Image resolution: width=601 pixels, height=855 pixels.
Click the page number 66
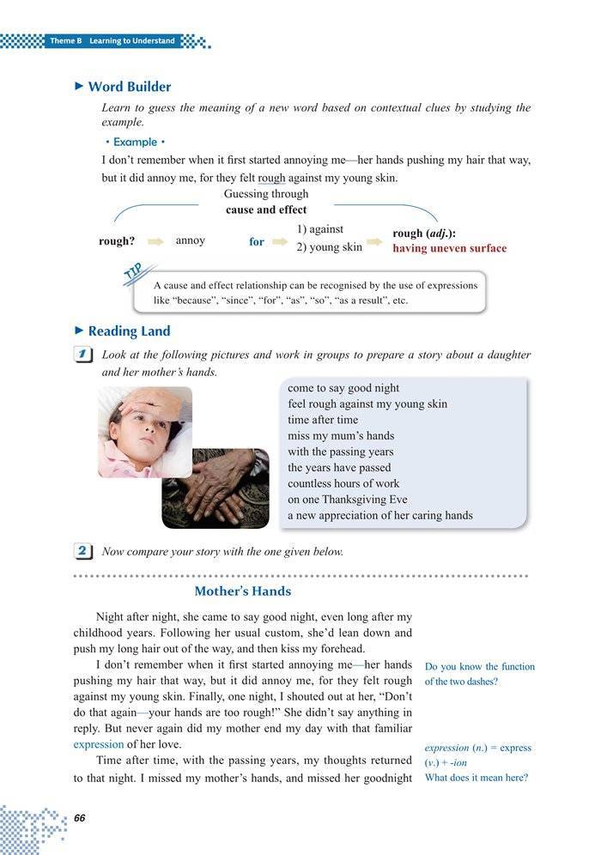click(80, 816)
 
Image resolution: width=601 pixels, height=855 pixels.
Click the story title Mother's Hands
click(242, 591)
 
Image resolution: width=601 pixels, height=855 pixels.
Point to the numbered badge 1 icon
click(84, 355)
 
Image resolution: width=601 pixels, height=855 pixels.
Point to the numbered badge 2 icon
click(84, 551)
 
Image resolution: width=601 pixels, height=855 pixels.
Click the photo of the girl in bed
click(143, 431)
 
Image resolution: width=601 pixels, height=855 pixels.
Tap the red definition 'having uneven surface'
click(449, 249)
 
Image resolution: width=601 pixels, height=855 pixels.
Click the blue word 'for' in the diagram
click(257, 242)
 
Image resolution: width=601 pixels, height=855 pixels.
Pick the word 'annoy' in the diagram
click(190, 240)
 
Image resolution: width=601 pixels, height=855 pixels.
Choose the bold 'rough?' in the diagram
click(118, 242)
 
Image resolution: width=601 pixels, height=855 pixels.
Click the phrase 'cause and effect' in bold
click(266, 209)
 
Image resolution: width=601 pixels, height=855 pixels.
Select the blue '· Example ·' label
click(134, 142)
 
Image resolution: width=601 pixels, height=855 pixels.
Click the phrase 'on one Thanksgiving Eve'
click(347, 500)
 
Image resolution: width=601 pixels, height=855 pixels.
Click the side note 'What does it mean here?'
click(477, 778)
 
